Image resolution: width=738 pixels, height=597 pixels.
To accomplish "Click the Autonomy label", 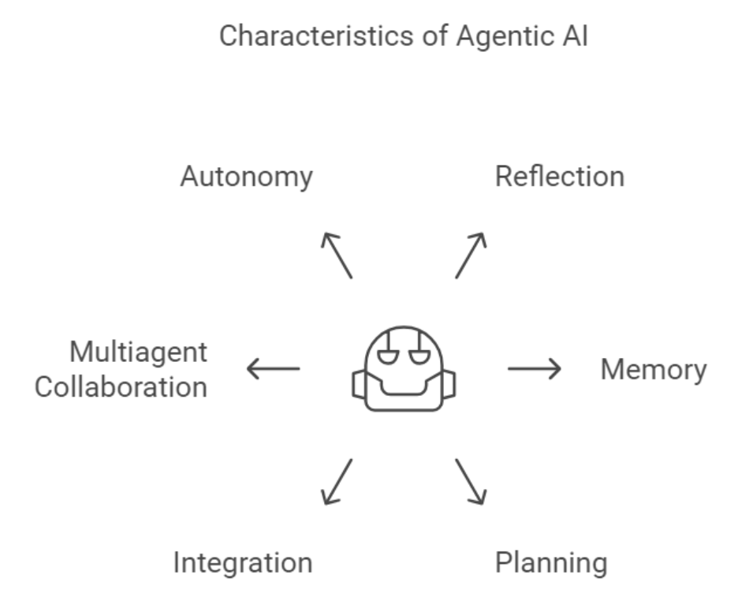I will (246, 177).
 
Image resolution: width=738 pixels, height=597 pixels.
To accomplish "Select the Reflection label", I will (559, 176).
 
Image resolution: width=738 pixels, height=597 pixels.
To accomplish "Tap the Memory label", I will (654, 369).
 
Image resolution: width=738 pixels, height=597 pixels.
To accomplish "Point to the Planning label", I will (551, 563).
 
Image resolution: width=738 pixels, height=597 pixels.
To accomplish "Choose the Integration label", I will (243, 563).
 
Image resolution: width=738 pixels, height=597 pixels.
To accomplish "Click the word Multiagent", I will (139, 352).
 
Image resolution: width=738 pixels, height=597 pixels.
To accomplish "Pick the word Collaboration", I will (121, 387).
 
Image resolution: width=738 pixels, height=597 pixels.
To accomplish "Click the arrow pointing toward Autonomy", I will (337, 256).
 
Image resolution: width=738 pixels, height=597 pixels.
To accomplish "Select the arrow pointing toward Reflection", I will (471, 256).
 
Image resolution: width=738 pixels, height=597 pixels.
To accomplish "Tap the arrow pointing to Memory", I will (534, 368).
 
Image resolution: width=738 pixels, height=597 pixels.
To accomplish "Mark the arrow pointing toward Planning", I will (471, 481).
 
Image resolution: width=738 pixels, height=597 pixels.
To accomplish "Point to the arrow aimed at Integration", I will (337, 481).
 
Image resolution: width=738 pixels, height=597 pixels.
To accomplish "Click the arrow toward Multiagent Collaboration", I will (274, 368).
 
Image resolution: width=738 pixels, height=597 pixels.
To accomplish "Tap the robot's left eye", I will (387, 356).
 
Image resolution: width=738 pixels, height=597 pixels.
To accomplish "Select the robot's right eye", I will (419, 356).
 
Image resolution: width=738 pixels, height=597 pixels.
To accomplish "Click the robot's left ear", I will (359, 384).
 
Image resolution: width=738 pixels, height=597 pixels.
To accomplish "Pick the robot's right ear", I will (449, 384).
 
